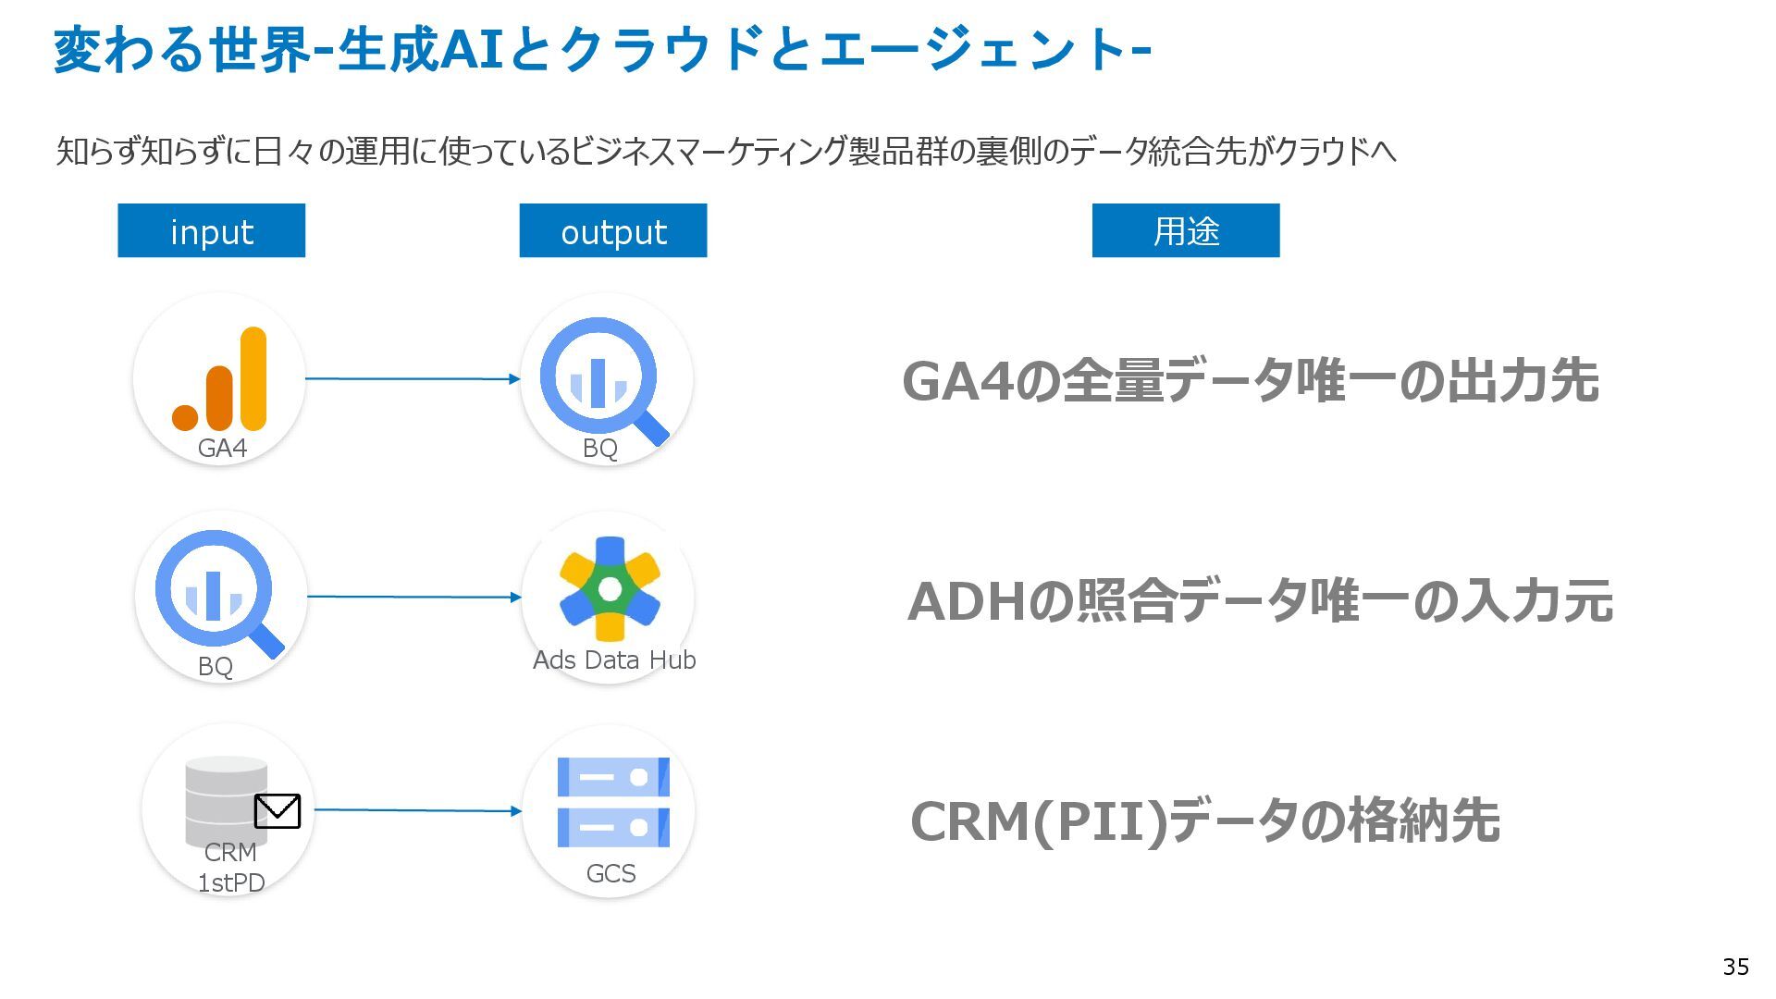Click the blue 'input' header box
(x=211, y=230)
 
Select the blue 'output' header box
(x=612, y=230)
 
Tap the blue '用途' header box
(x=1186, y=230)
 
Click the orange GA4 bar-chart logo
(x=219, y=378)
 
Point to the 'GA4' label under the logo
(x=222, y=449)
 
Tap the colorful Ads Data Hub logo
(x=610, y=588)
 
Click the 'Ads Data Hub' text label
(x=614, y=660)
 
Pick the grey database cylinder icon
(x=226, y=801)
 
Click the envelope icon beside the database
(x=277, y=811)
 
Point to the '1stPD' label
(x=231, y=882)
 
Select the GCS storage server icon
(x=613, y=802)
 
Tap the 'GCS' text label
(x=610, y=873)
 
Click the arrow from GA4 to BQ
(x=413, y=378)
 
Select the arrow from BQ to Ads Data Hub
(x=415, y=597)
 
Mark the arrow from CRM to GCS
(x=418, y=810)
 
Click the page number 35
(x=1735, y=967)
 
